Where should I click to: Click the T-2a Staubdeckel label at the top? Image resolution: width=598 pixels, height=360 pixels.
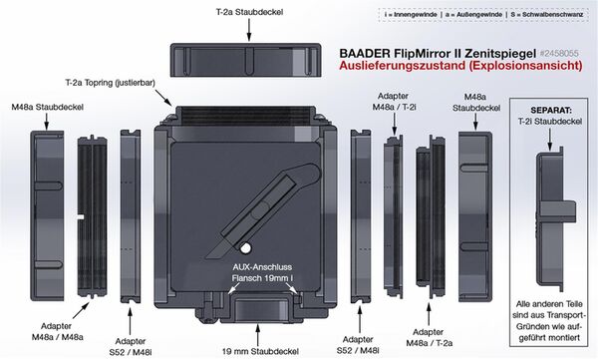click(249, 12)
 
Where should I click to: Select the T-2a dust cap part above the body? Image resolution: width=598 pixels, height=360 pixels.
click(245, 60)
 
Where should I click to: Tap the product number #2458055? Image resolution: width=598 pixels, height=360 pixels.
click(559, 53)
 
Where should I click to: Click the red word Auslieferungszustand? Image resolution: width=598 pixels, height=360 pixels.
click(402, 65)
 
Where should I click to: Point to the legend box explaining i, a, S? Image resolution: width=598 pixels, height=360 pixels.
click(483, 15)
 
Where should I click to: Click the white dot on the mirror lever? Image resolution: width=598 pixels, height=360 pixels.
click(245, 248)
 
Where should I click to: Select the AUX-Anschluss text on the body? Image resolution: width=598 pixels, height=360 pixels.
click(262, 267)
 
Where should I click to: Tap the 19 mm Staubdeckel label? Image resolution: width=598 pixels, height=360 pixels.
click(260, 351)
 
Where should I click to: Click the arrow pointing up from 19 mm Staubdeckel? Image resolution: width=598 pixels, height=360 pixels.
click(258, 335)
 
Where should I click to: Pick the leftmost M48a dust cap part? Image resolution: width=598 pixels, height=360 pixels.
click(47, 215)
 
